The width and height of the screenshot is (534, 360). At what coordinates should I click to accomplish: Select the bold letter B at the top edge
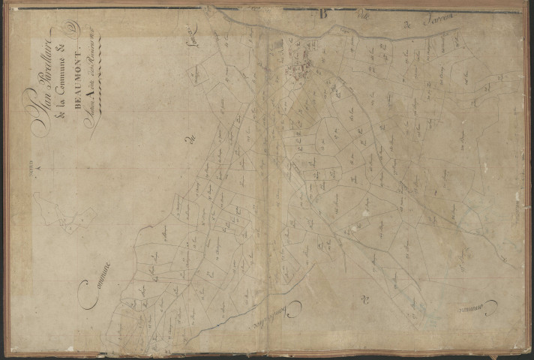point(323,12)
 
